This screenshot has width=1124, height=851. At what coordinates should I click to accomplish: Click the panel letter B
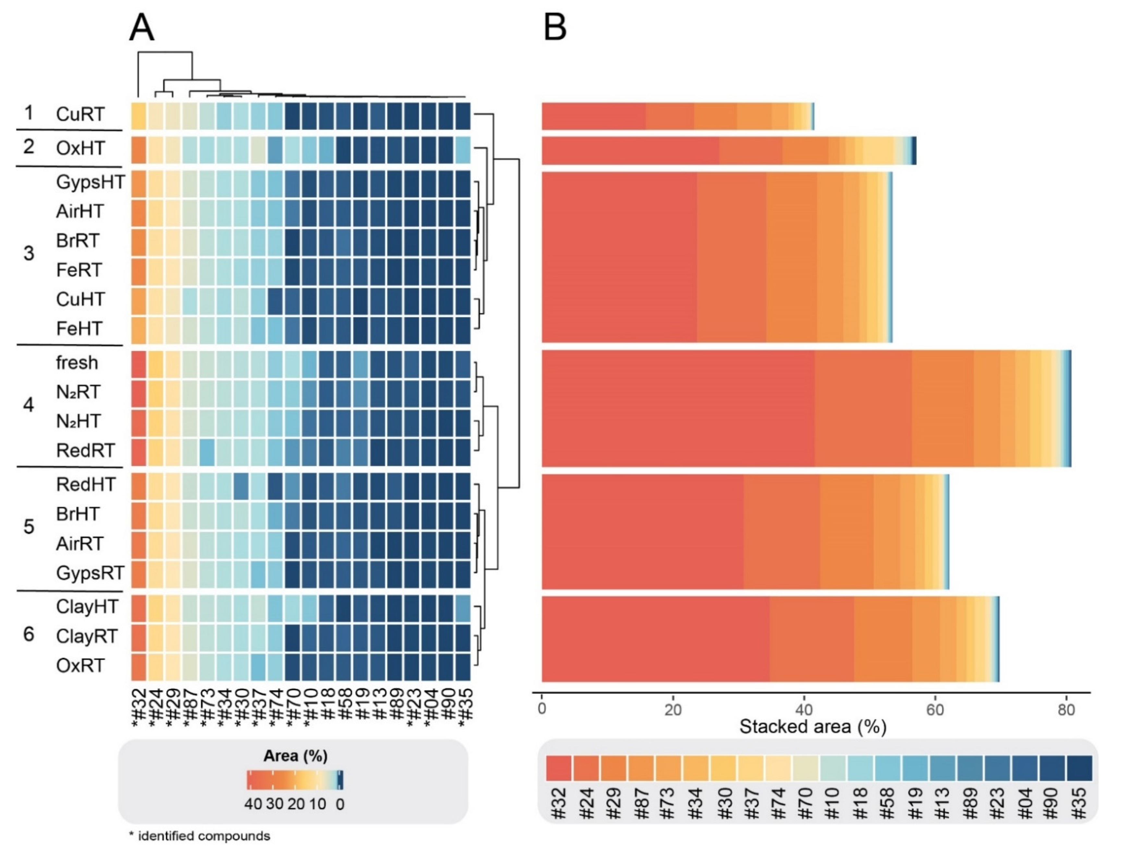tap(555, 28)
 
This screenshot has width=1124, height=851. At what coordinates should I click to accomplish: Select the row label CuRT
tap(80, 115)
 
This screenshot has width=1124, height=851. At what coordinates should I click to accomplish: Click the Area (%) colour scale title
tap(295, 756)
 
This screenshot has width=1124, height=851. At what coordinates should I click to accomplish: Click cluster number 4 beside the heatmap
tap(29, 405)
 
